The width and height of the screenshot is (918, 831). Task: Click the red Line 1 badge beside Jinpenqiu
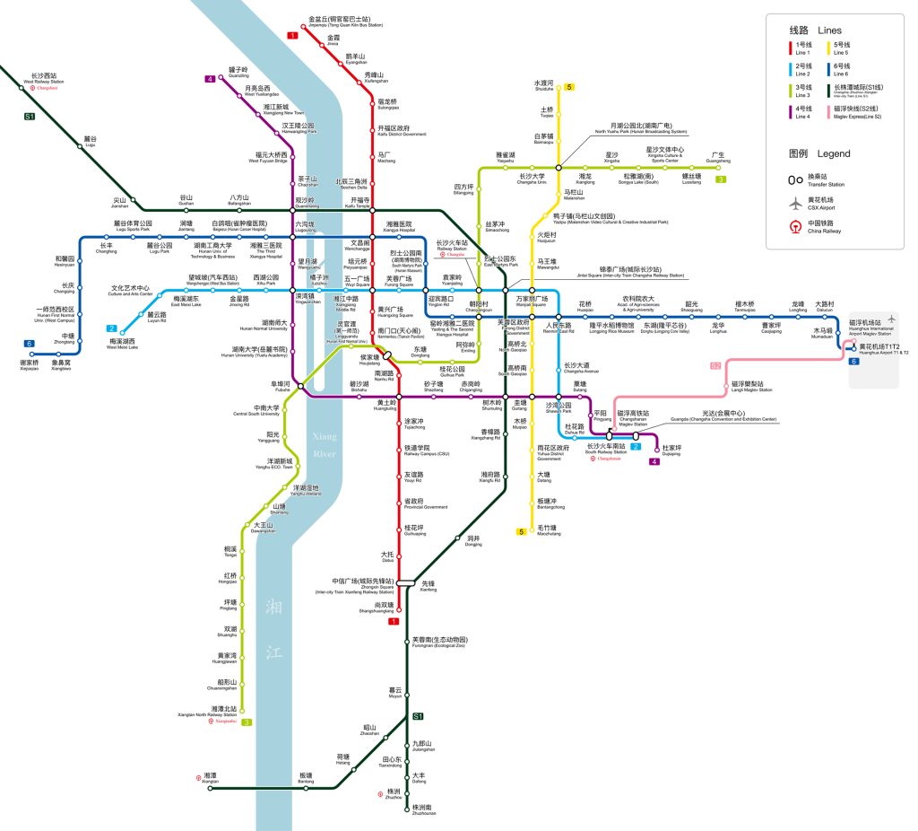[x=292, y=35]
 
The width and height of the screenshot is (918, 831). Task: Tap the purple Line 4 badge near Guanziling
[x=210, y=79]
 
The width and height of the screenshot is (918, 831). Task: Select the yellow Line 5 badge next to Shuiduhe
[x=568, y=87]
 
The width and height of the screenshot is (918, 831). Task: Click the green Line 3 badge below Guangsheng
[x=720, y=179]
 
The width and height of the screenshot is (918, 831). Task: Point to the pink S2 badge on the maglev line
[x=715, y=365]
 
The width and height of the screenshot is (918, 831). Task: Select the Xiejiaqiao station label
[x=30, y=364]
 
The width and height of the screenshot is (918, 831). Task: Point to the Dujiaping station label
[x=672, y=450]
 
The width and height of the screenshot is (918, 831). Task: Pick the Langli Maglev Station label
[x=747, y=386]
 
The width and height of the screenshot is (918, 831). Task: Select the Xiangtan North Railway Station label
[x=224, y=712]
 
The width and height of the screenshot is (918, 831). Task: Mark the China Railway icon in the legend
[x=794, y=226]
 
